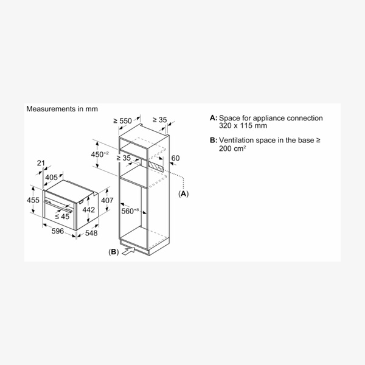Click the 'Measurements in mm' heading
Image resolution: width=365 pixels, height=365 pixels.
coord(61,109)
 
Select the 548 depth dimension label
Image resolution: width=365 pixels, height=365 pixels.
coord(92,234)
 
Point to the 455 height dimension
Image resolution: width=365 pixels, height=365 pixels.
coord(33,200)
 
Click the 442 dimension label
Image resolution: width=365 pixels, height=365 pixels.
coord(88,210)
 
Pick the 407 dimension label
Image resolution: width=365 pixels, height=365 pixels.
coord(107,200)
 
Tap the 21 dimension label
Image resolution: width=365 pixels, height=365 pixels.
coord(41,162)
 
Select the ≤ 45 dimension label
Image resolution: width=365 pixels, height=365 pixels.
coord(63,215)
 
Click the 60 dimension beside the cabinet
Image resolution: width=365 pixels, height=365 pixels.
coord(176,159)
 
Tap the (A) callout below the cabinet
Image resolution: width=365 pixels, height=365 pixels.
coord(183,194)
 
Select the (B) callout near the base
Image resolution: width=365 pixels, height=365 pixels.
coord(112,251)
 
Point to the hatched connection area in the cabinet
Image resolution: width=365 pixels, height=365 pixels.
coord(155,165)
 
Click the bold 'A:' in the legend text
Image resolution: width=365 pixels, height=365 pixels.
coord(212,118)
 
